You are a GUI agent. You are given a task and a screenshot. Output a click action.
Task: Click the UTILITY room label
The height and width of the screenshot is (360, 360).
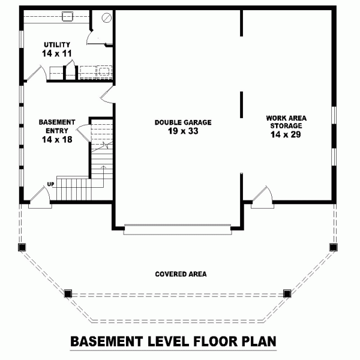56,45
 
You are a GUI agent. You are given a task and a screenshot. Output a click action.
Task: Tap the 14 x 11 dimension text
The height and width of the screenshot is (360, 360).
56,54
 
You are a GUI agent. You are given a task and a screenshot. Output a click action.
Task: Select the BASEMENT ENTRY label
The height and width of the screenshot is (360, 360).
56,125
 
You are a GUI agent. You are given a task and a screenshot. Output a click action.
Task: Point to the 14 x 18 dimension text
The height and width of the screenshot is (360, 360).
56,139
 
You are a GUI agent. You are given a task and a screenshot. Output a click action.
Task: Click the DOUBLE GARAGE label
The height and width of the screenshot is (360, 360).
183,122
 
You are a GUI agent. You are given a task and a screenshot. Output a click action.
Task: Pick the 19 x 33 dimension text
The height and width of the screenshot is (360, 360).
183,131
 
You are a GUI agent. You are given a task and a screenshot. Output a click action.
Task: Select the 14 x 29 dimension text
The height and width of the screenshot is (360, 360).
284,135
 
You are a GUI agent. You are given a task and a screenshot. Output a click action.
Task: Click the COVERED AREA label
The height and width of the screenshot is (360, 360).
181,274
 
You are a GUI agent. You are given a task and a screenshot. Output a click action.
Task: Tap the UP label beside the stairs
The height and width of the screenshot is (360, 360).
51,184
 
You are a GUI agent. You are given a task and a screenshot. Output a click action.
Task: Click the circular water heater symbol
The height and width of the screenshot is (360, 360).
107,19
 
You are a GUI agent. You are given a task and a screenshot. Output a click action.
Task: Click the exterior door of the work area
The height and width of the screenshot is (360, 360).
263,198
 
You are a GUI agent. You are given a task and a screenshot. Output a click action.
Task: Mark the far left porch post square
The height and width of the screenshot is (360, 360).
22,247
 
